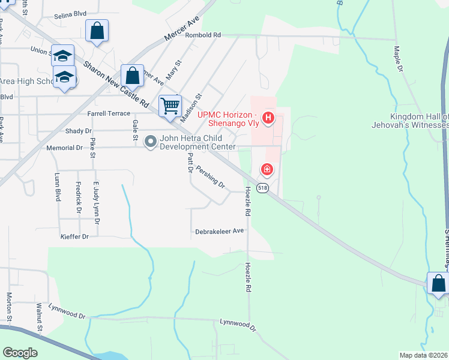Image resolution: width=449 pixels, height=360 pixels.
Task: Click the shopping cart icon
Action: point(170,106)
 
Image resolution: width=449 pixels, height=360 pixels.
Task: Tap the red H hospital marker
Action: point(268,117)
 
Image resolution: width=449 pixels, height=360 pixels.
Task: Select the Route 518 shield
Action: point(262,188)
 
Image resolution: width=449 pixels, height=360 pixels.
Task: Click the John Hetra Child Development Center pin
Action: point(151,142)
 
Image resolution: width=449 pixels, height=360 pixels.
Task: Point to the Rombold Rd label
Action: point(203,35)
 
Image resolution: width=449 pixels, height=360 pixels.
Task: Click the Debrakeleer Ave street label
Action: point(219,231)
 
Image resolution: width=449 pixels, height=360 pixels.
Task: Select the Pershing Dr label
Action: point(209,177)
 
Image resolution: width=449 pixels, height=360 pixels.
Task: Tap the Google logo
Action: point(20,353)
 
